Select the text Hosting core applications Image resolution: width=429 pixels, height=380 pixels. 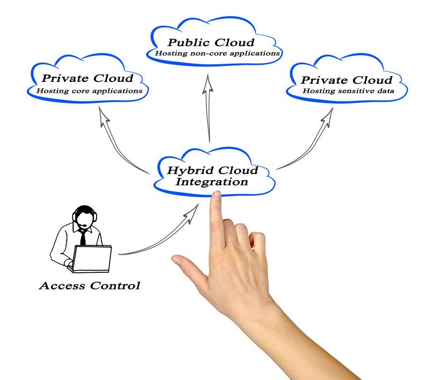pos(89,91)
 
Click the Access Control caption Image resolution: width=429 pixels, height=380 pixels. pos(89,285)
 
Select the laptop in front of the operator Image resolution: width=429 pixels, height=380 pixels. pos(92,258)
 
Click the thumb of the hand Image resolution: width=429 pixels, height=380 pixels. pos(185,266)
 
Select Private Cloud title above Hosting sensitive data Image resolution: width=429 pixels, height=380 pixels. pos(346,80)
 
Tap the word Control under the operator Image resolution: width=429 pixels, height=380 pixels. pos(114,285)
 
